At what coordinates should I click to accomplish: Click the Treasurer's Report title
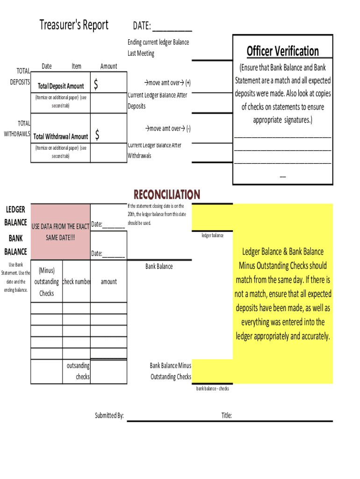tap(74, 25)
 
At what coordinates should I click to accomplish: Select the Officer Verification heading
tap(283, 51)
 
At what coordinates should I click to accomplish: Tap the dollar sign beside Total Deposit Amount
tap(96, 85)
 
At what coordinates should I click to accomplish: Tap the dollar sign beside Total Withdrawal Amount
tap(97, 135)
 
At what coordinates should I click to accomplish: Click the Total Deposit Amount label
tap(61, 86)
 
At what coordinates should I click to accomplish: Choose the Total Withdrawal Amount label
tap(61, 137)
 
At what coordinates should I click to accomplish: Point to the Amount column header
tap(108, 66)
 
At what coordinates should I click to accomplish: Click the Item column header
tap(76, 66)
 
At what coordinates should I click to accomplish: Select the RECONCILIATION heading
tap(167, 195)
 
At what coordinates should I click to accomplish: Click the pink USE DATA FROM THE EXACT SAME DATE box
tap(60, 232)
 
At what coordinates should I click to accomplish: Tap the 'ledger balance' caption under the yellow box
tap(212, 235)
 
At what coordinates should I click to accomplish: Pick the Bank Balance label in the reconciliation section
tap(159, 267)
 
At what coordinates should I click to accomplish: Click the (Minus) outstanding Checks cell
tap(47, 282)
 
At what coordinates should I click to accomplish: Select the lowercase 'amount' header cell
tap(108, 282)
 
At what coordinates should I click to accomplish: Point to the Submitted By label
tap(109, 415)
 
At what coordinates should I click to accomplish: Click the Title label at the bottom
tap(227, 415)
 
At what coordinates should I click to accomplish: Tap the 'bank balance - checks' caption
tap(212, 389)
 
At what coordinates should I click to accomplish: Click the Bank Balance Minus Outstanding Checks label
tap(170, 371)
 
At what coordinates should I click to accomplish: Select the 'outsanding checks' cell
tap(79, 371)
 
